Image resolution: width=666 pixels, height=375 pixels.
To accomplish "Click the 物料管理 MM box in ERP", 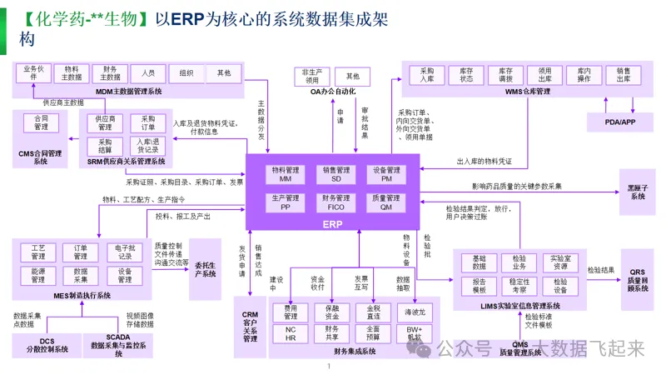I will [286, 174].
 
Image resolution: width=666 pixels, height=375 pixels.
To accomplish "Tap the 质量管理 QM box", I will [387, 202].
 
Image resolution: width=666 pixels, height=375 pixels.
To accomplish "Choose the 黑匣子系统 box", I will [637, 192].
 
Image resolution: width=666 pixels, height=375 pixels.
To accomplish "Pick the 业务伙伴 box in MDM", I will [33, 72].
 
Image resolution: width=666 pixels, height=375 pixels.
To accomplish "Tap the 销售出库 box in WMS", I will [622, 76].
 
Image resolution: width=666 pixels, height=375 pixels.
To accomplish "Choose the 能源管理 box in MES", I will [37, 275].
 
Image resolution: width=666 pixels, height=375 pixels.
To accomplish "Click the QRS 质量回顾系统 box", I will [638, 281].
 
